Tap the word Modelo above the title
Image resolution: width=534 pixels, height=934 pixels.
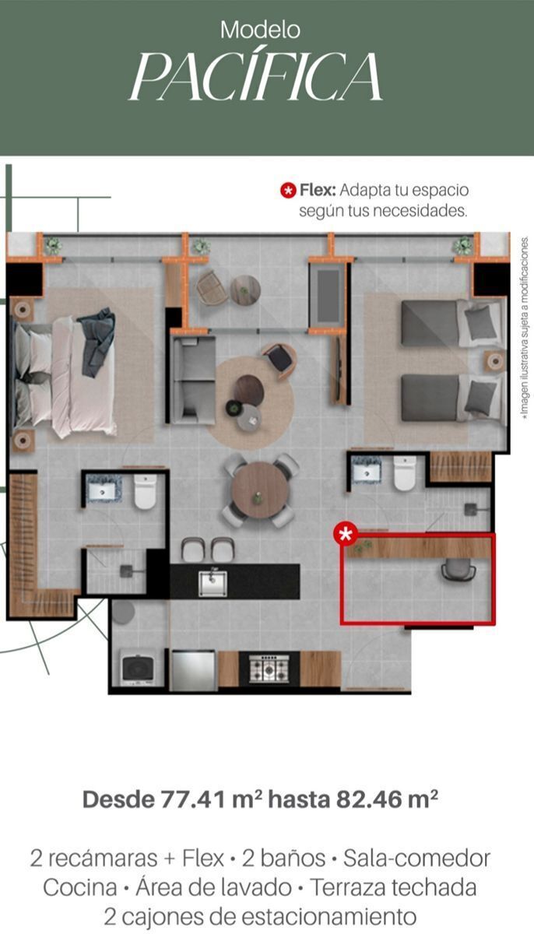click(260, 30)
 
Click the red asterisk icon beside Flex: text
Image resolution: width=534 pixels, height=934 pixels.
click(288, 191)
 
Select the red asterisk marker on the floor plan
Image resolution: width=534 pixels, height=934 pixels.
click(346, 533)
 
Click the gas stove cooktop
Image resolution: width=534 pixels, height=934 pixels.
click(269, 669)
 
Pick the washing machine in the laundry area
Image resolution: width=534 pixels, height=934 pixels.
click(137, 668)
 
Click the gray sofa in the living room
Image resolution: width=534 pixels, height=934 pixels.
click(193, 380)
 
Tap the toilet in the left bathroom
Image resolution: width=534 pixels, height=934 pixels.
click(145, 491)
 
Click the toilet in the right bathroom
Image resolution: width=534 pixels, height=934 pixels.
click(405, 473)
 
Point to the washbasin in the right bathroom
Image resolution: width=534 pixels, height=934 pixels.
click(367, 470)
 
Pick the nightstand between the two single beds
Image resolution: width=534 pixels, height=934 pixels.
click(495, 361)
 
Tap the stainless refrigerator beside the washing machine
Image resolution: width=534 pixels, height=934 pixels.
click(193, 669)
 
